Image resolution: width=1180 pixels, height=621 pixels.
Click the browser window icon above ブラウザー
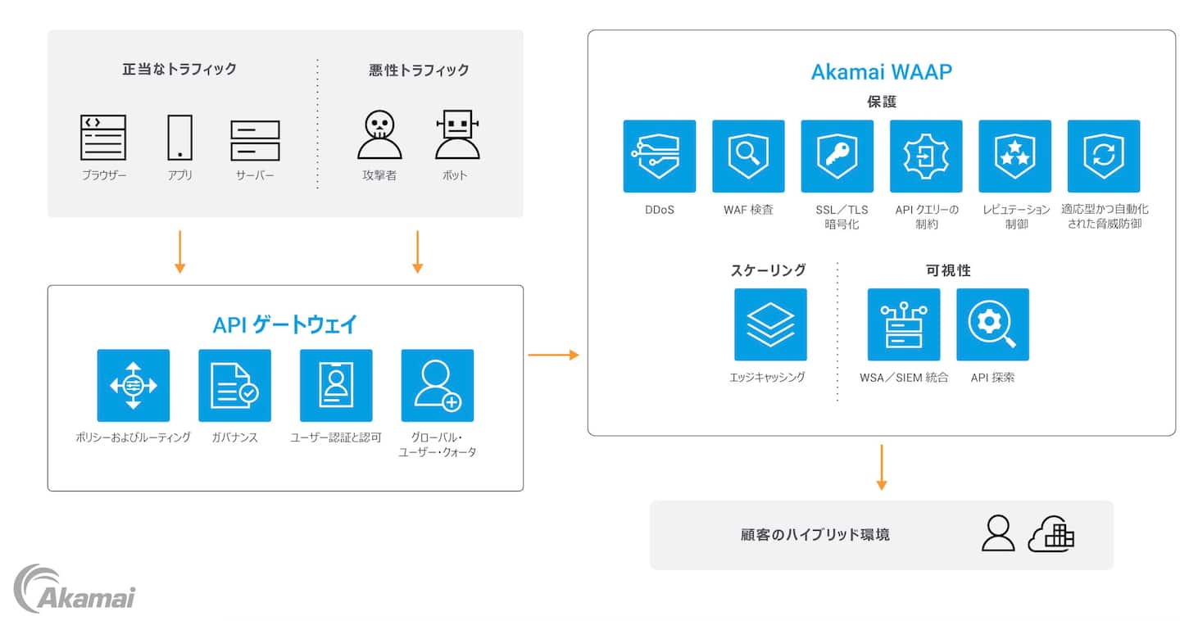click(x=103, y=138)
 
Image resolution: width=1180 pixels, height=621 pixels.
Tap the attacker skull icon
click(x=379, y=135)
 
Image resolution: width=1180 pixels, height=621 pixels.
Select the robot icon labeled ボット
click(x=456, y=135)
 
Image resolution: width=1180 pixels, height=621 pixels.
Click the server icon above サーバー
click(x=255, y=140)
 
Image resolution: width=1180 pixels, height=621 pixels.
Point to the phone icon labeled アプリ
click(x=179, y=138)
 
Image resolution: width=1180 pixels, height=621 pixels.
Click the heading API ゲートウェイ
click(x=285, y=325)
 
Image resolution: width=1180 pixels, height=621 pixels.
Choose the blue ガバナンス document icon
click(x=234, y=385)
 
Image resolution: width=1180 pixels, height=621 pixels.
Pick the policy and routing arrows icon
click(x=134, y=385)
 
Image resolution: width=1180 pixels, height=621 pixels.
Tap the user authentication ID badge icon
click(x=336, y=385)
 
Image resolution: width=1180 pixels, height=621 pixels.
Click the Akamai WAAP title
click(x=881, y=72)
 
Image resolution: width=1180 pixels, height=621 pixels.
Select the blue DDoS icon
click(x=659, y=156)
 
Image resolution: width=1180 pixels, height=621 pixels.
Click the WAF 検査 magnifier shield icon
click(x=748, y=156)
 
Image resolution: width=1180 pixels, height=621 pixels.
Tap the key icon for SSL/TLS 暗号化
click(x=837, y=156)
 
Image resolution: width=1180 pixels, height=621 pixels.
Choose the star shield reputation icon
click(x=1014, y=156)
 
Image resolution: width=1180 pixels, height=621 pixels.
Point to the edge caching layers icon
click(x=770, y=324)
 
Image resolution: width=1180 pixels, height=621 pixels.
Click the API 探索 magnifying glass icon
click(x=992, y=324)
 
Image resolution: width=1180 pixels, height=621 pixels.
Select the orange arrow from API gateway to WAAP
click(x=553, y=355)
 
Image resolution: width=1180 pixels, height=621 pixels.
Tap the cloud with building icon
click(x=1051, y=534)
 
